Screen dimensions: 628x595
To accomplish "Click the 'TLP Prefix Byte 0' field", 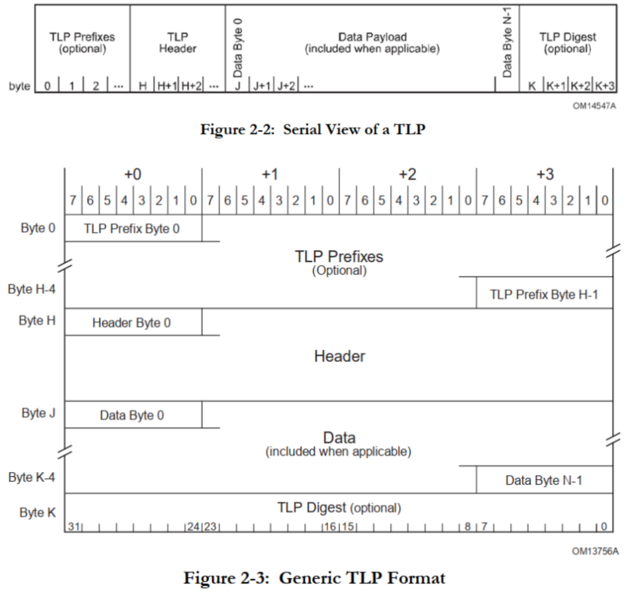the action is (132, 229).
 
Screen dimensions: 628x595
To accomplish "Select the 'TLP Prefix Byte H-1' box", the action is (544, 295).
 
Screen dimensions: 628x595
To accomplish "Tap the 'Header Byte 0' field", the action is (132, 323).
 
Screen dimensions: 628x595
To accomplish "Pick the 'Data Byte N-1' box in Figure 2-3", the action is (544, 480).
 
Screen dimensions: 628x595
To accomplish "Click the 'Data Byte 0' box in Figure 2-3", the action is (132, 415).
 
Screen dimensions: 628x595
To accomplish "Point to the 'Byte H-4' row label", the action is (32, 289).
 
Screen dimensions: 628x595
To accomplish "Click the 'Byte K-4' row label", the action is (32, 477).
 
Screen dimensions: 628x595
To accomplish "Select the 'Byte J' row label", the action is (38, 413).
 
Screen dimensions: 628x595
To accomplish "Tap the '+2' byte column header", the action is (407, 175).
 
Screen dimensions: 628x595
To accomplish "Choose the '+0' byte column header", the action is (133, 175).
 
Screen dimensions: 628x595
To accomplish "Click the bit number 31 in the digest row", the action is (74, 526).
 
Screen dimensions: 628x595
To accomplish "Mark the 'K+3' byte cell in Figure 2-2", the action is (605, 86).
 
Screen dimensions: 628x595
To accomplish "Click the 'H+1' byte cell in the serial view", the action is (167, 86).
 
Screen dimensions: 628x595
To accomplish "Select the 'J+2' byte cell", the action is (286, 86).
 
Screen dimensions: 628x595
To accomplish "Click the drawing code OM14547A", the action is (594, 106).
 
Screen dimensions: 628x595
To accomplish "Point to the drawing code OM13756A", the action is (595, 551).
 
